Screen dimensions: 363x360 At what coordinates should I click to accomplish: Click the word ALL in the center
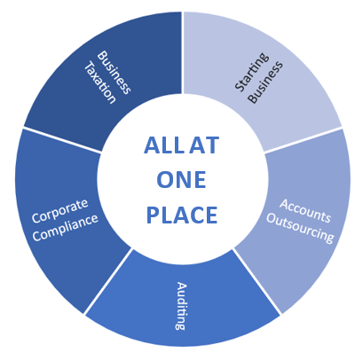tap(163, 145)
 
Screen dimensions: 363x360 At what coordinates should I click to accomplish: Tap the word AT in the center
tap(204, 145)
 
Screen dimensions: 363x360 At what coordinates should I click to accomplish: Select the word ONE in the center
tap(181, 180)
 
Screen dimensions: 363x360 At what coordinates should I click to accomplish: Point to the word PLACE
tap(182, 215)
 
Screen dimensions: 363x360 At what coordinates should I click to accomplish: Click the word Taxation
tap(100, 82)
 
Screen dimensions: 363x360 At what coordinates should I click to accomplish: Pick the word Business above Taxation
tap(114, 73)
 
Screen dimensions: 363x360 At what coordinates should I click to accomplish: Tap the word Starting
tap(252, 72)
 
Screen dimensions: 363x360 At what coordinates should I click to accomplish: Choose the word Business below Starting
tap(265, 82)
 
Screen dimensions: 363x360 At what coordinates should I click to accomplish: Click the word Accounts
tap(305, 211)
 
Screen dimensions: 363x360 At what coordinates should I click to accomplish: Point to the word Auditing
tap(181, 306)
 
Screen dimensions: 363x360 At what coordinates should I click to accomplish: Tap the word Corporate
tap(60, 211)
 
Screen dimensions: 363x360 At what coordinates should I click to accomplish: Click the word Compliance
tap(65, 228)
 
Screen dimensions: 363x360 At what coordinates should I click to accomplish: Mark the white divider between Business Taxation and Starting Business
tap(183, 53)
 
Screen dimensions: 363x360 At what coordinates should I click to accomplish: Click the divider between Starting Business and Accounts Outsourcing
tap(303, 140)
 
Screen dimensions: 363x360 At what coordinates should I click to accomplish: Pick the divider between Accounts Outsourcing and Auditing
tap(256, 281)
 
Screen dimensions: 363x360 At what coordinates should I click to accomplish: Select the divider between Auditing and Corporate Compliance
tap(107, 281)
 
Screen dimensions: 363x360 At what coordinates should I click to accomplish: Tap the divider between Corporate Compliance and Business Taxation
tap(62, 140)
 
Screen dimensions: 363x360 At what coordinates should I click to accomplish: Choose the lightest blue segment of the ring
tap(260, 74)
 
